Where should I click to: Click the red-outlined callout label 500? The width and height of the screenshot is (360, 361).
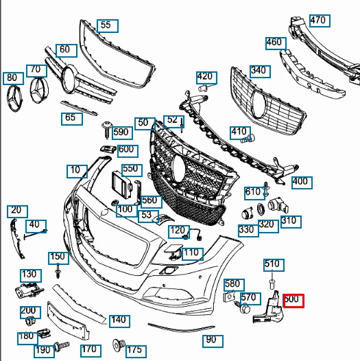point(293,300)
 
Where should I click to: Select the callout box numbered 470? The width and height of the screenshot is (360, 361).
point(318,20)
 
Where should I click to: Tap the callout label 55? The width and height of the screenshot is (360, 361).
point(106,25)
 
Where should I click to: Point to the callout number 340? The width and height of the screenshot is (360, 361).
point(259,71)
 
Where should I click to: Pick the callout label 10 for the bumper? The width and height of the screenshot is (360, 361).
point(76,170)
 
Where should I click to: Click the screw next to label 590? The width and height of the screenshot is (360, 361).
point(106,128)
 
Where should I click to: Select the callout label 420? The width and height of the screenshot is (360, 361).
point(204,76)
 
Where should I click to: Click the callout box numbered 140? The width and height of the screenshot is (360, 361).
point(119,320)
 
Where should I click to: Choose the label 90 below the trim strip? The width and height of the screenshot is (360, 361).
point(211,340)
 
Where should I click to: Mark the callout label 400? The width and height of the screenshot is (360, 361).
point(300,182)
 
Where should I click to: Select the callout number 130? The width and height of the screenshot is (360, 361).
point(29,275)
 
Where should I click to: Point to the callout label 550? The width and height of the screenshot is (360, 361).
point(130,169)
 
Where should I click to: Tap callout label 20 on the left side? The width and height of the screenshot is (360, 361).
point(16,210)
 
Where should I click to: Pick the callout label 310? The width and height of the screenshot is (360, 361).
point(289,220)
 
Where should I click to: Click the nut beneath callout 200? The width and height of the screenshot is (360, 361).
point(29,322)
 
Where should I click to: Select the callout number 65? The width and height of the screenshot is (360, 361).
point(71,118)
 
